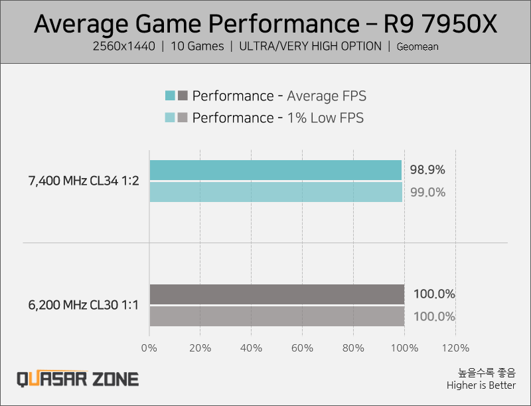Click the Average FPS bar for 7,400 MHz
[275, 170]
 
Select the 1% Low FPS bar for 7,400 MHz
[275, 192]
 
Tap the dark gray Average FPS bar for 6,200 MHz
[277, 294]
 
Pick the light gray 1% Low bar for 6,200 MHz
[277, 316]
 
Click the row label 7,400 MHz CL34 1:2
[84, 181]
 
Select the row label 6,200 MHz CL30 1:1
[84, 306]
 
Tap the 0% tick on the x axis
[149, 348]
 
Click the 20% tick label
[200, 348]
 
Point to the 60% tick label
[302, 348]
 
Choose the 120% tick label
[455, 348]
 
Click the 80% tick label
[353, 348]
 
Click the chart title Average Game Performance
[265, 24]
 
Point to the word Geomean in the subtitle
[417, 47]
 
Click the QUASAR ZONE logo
[78, 379]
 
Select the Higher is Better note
[481, 385]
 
